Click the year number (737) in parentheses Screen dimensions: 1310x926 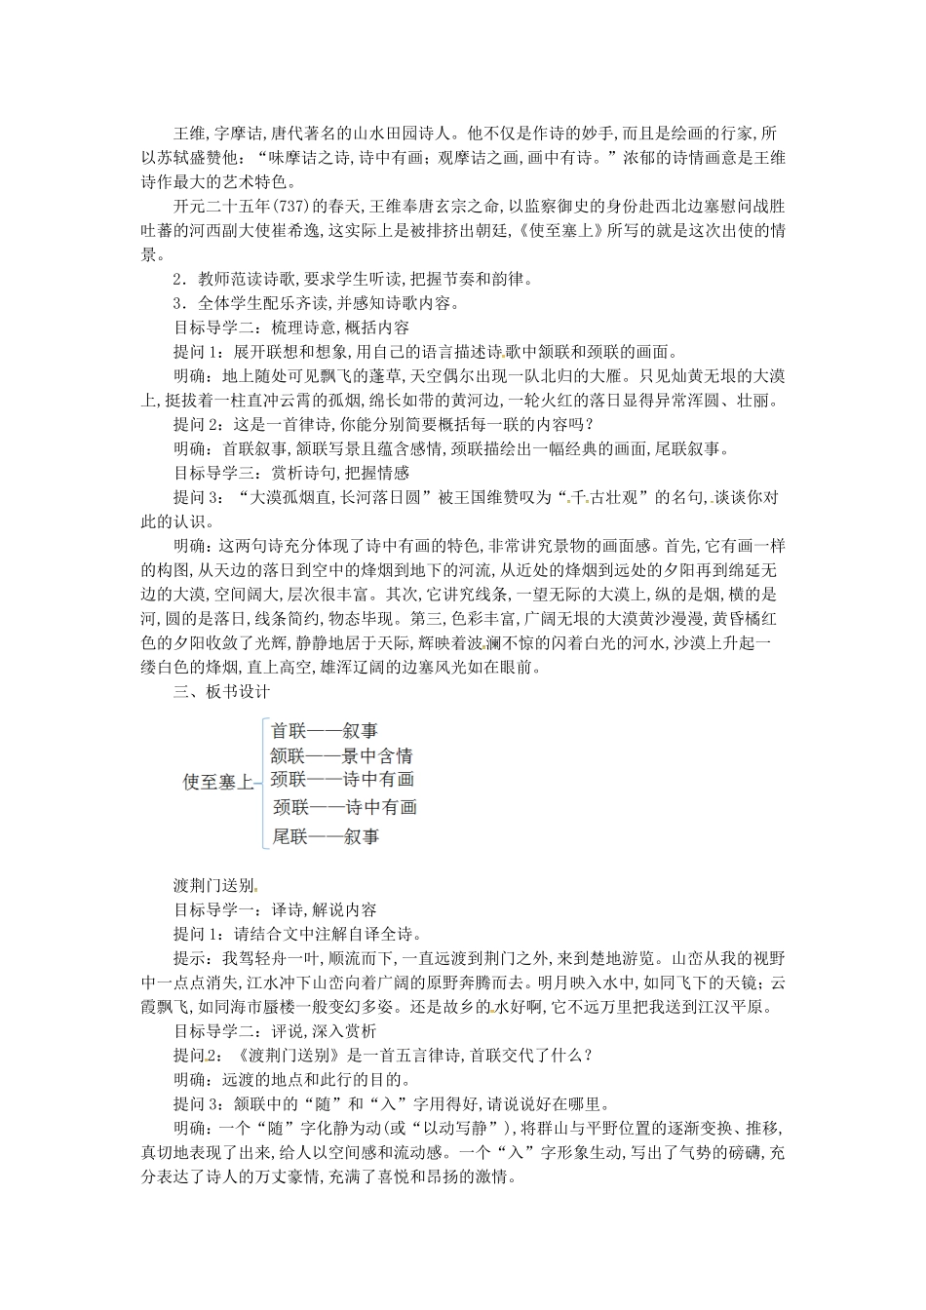coord(291,207)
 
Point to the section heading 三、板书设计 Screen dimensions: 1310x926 coord(221,692)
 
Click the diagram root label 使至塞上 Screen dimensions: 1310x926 coord(218,781)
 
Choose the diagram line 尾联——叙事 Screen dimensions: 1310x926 coord(326,835)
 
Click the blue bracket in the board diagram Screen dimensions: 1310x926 coord(261,781)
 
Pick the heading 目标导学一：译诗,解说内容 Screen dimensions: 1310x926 coord(275,910)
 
